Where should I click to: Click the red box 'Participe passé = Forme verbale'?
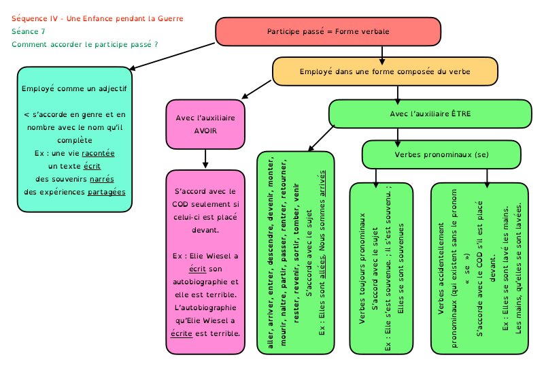[x=328, y=31]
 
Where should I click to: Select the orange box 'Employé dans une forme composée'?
[x=385, y=71]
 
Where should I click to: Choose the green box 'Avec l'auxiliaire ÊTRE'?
[x=430, y=113]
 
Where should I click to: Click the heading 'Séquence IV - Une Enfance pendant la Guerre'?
[x=98, y=18]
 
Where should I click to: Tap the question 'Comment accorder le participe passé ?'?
[x=85, y=44]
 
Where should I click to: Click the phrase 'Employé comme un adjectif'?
[x=74, y=88]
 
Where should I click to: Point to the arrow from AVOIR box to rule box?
[x=205, y=158]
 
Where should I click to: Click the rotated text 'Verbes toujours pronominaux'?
[x=362, y=272]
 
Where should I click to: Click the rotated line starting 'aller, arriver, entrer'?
[x=272, y=252]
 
